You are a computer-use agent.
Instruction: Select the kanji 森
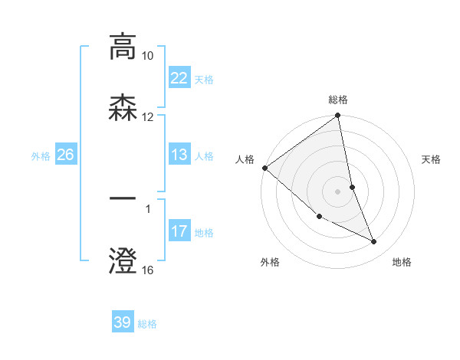(x=123, y=109)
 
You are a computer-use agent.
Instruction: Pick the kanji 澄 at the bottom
(x=123, y=260)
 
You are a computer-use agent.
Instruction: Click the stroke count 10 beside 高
(x=147, y=56)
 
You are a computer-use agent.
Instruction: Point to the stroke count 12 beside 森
(x=147, y=117)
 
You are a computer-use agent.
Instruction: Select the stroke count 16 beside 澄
(x=147, y=270)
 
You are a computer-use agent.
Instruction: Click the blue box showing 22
(x=179, y=78)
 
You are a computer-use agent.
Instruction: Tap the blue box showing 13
(x=179, y=155)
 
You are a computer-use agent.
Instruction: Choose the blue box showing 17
(x=179, y=231)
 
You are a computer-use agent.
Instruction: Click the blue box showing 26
(x=65, y=155)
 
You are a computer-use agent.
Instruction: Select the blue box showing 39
(x=123, y=322)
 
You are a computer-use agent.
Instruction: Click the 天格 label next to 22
(x=204, y=79)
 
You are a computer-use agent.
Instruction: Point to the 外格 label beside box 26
(x=41, y=155)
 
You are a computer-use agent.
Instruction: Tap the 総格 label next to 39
(x=147, y=323)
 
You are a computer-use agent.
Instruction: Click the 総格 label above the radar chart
(x=338, y=100)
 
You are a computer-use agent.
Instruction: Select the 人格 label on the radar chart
(x=245, y=159)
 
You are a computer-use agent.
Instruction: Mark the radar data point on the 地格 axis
(x=374, y=241)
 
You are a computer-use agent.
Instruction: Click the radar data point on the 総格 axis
(x=338, y=116)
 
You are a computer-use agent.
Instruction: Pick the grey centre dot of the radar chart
(x=338, y=191)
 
